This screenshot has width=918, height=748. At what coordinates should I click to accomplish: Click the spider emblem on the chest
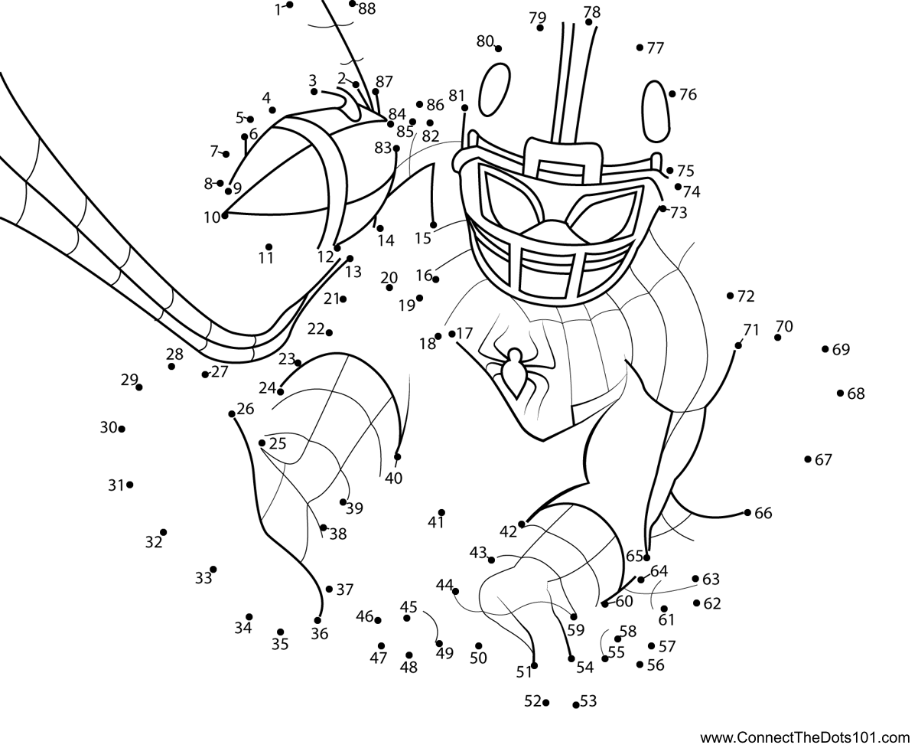coord(513,370)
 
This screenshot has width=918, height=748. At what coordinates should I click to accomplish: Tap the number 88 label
coord(366,8)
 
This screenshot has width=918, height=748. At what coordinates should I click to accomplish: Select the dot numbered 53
coord(575,704)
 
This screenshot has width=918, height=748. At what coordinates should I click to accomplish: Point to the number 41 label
coord(436,523)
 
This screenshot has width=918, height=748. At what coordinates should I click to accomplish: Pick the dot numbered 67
coord(808,459)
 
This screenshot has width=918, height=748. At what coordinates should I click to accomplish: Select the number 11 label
coord(265,258)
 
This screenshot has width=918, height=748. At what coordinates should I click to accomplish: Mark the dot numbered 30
coord(122,429)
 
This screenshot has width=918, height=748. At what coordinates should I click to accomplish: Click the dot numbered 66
coord(747,512)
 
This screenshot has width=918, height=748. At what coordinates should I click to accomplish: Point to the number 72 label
coord(746,296)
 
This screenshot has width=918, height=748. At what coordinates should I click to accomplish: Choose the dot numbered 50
coord(479,645)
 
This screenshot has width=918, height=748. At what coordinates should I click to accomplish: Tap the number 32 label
coord(154,543)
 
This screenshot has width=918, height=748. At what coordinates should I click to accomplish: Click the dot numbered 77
coord(640,47)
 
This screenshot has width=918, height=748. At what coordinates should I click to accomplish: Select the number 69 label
coord(841,350)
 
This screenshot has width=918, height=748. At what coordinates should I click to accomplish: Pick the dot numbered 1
coord(291,5)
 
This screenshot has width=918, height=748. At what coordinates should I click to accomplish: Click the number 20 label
coord(389,277)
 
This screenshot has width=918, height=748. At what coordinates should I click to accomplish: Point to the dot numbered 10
coord(225,217)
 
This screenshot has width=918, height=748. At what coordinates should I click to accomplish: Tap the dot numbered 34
coord(249,616)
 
